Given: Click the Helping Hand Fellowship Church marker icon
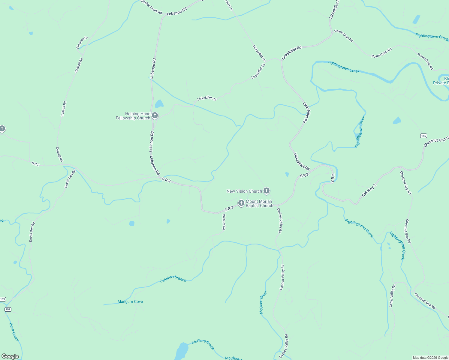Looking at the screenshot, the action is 155,115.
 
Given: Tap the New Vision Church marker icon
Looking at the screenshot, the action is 266,190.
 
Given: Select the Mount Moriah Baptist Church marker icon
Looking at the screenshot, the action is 241,203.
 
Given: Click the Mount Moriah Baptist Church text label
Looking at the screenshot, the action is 259,204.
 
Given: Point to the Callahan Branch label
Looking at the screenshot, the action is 173,279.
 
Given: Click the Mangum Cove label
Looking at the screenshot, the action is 130,301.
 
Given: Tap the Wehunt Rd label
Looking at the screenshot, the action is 224,222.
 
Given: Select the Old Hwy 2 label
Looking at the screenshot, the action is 369,190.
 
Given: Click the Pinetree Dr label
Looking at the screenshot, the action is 82,43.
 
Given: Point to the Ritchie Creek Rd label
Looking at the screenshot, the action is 152,7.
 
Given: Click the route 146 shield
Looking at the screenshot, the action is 423,136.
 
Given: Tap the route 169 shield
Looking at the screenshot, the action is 3,299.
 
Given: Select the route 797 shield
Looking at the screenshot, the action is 8,309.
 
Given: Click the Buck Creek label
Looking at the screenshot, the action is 14,332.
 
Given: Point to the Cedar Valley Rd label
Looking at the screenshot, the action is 392,296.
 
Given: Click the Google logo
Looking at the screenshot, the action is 10,356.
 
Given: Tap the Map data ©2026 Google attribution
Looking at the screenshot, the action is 430,358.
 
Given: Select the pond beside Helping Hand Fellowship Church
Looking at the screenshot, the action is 159,104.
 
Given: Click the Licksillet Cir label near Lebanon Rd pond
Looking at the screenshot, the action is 207,98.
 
